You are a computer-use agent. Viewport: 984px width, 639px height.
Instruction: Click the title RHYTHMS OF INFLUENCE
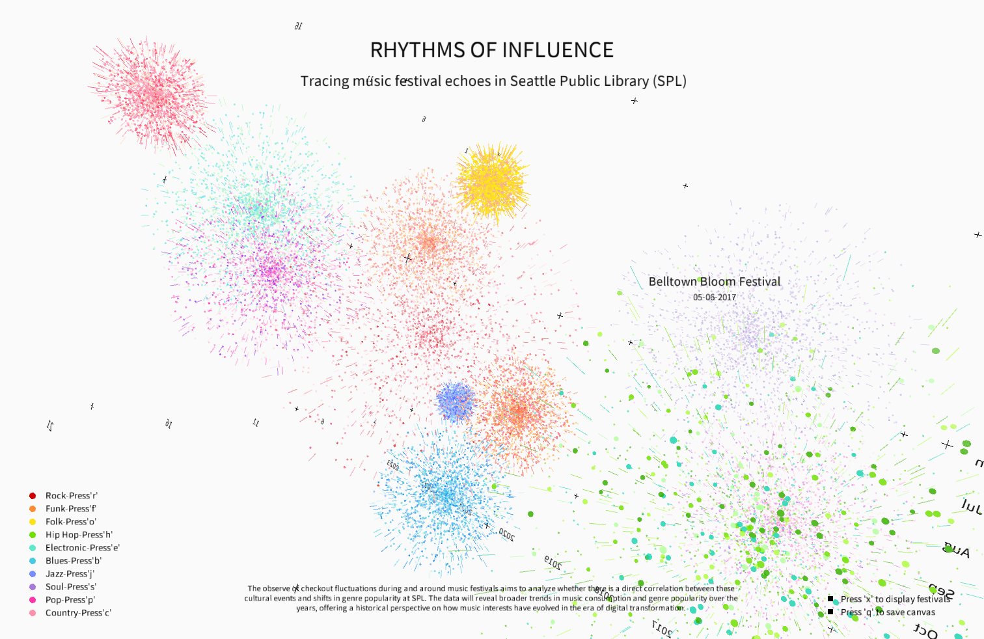(x=491, y=50)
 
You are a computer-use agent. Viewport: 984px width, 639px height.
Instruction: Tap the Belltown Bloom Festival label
(x=714, y=282)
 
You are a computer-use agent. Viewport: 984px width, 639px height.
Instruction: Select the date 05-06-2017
(x=714, y=297)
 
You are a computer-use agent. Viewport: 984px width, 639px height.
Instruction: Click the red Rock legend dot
(x=33, y=496)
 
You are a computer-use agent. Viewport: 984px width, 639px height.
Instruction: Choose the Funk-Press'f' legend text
(x=71, y=509)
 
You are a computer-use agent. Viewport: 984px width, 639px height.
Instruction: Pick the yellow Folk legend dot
(x=33, y=522)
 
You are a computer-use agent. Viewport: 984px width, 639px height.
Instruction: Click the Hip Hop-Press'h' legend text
(x=79, y=535)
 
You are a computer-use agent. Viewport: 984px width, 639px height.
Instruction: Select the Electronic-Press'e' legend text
(x=83, y=548)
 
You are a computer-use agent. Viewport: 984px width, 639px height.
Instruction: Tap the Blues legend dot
(x=33, y=561)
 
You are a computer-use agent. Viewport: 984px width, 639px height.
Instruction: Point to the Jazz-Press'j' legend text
(x=70, y=574)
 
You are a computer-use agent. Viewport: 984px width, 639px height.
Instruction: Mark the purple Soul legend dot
(x=33, y=587)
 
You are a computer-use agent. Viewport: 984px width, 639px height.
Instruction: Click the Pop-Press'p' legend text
(x=70, y=600)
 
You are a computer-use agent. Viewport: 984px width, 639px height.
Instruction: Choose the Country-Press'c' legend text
(x=78, y=613)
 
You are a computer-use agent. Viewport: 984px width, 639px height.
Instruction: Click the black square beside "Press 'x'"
(x=830, y=599)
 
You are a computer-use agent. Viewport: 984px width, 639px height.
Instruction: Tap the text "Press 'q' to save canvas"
(x=888, y=612)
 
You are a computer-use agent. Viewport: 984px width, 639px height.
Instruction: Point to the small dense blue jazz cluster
(x=456, y=401)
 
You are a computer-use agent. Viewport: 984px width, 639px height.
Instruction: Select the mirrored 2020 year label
(x=507, y=536)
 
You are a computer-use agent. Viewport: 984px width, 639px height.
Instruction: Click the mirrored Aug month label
(x=957, y=551)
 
